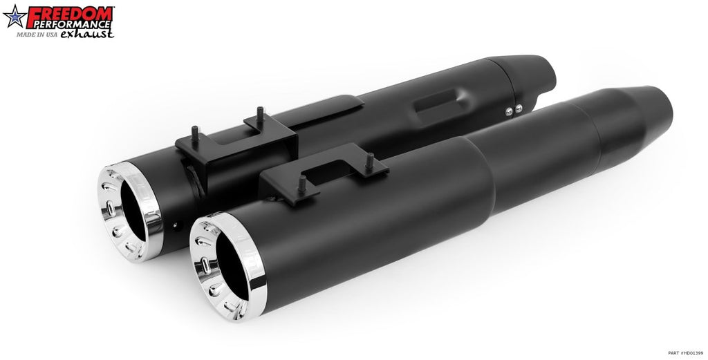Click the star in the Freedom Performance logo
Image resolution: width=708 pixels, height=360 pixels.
pos(15,17)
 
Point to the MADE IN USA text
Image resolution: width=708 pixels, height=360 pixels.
pos(37,35)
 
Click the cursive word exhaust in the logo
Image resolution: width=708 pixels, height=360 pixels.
pos(87,34)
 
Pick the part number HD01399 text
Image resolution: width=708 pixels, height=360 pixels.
pos(685,353)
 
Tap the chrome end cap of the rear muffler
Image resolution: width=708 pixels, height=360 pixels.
pos(130,212)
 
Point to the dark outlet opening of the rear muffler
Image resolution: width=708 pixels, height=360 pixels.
pos(133,211)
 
